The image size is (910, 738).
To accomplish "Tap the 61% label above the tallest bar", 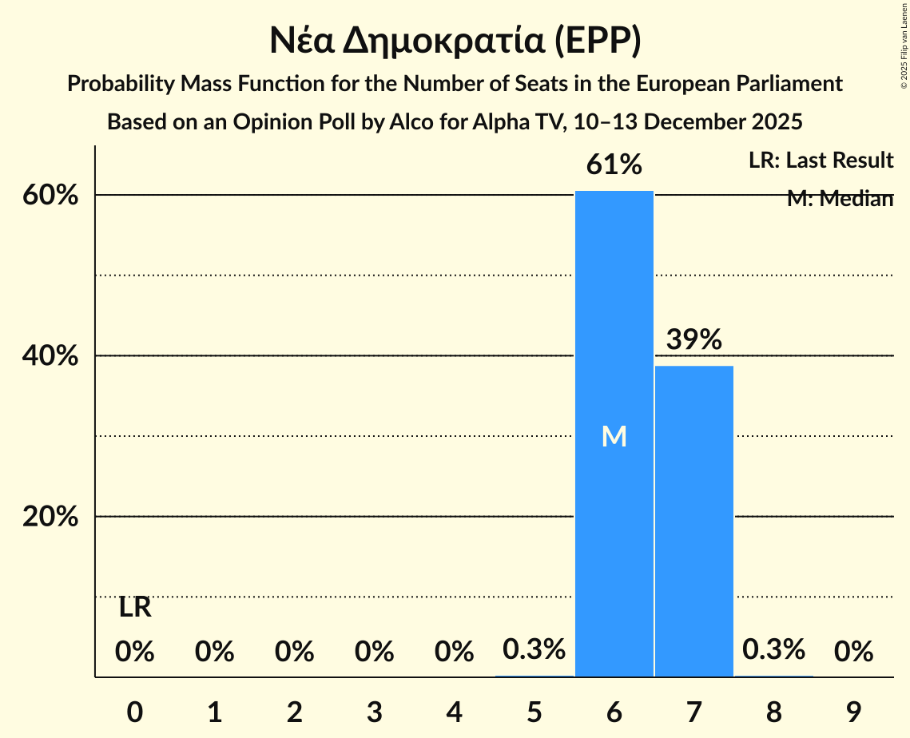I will click(614, 165).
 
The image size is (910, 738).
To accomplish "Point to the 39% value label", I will click(693, 339).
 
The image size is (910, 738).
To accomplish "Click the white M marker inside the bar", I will click(614, 436).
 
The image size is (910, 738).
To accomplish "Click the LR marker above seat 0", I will click(135, 608).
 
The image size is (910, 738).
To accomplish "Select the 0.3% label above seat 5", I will click(534, 650).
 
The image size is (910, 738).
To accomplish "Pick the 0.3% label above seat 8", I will click(773, 650).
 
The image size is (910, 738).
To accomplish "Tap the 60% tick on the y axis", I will click(50, 196).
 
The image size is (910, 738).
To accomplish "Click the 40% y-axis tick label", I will click(50, 356).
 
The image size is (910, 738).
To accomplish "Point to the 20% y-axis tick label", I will click(50, 518).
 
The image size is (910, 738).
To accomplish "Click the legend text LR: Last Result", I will click(821, 161).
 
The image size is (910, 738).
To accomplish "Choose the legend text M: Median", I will click(839, 199).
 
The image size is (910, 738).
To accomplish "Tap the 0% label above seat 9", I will click(853, 653).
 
